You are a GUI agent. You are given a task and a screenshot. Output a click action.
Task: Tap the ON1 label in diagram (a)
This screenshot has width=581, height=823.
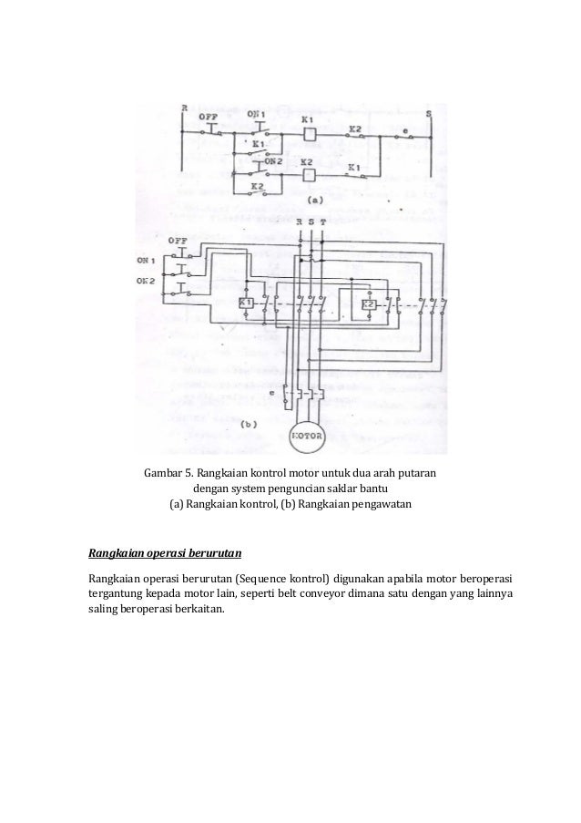click(x=257, y=114)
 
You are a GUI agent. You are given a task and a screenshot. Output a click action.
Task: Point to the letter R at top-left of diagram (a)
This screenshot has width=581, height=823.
click(x=184, y=108)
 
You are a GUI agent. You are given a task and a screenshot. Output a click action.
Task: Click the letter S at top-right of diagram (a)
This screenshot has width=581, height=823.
click(x=429, y=113)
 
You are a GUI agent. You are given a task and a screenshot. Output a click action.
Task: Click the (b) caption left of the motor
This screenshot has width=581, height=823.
click(x=249, y=424)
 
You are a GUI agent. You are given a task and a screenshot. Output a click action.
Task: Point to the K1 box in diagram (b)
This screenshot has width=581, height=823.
click(x=245, y=303)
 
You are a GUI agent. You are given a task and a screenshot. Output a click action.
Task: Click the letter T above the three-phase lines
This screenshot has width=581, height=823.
click(x=324, y=222)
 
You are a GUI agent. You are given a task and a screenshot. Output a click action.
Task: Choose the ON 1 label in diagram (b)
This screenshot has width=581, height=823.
click(x=147, y=260)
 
